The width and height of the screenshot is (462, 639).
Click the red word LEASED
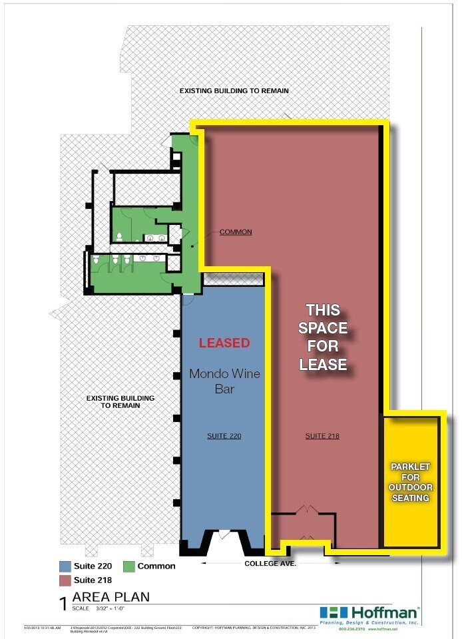coord(224,343)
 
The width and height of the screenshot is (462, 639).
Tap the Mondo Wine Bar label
coord(224,381)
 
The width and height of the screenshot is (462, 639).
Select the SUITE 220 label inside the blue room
coord(224,436)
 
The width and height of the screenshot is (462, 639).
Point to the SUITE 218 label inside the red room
coord(322,436)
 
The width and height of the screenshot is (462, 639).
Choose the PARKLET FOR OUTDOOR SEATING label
coord(411,481)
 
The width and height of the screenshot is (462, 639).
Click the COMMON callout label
coord(236,232)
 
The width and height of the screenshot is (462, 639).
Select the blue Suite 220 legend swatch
coord(65,566)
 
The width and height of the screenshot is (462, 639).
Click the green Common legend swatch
coord(128,566)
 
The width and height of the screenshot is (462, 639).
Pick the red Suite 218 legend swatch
coord(65,580)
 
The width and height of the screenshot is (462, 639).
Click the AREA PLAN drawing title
coord(111,597)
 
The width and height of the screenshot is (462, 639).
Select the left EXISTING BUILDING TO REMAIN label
coord(120,401)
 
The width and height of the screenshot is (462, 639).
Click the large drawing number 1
coord(63,603)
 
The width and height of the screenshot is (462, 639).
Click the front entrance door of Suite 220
coord(224,534)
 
